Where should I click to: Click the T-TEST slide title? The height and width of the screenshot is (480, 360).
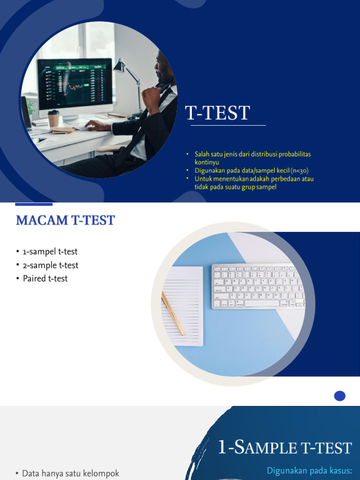218,113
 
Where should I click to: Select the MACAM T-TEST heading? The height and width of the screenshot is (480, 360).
65,220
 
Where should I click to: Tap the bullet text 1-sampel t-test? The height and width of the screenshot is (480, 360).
50,252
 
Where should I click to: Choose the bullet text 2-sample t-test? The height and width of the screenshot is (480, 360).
51,265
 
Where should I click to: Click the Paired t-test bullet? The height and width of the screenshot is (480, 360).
45,278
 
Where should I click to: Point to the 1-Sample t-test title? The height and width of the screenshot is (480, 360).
285,448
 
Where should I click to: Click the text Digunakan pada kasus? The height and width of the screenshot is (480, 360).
309,470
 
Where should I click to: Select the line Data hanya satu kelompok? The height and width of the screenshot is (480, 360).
70,473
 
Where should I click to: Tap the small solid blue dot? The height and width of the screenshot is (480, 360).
340,396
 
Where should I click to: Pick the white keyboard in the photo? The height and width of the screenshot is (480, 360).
258,286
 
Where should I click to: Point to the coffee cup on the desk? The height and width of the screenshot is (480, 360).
54,119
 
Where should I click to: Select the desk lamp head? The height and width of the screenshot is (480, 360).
120,66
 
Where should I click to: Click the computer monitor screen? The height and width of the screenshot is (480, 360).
75,82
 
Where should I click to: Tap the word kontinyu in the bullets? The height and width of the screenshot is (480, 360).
207,162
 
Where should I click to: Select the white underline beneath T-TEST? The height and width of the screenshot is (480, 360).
228,126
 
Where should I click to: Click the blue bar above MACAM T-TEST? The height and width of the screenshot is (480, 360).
34,204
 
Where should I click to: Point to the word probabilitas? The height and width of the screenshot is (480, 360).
293,154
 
